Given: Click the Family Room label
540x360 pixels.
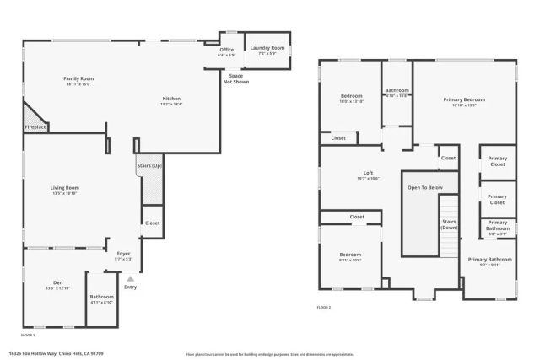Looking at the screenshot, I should click(78, 79).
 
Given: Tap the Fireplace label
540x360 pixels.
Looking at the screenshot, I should click(36, 126).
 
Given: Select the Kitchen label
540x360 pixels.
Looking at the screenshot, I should click(171, 99).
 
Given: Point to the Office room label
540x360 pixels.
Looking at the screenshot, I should click(227, 50).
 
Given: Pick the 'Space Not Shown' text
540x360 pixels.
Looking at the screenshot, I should click(237, 78).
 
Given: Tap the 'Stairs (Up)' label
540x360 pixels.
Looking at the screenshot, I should click(149, 166).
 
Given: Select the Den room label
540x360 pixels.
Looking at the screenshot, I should click(58, 283).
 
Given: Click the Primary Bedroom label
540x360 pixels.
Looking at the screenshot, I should click(464, 99).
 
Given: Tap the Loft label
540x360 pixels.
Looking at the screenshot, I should click(368, 174).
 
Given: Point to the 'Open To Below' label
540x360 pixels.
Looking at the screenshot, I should click(426, 187).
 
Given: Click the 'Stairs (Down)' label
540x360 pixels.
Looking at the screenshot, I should click(450, 224).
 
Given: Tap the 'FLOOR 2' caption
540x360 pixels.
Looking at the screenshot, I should click(324, 308).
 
